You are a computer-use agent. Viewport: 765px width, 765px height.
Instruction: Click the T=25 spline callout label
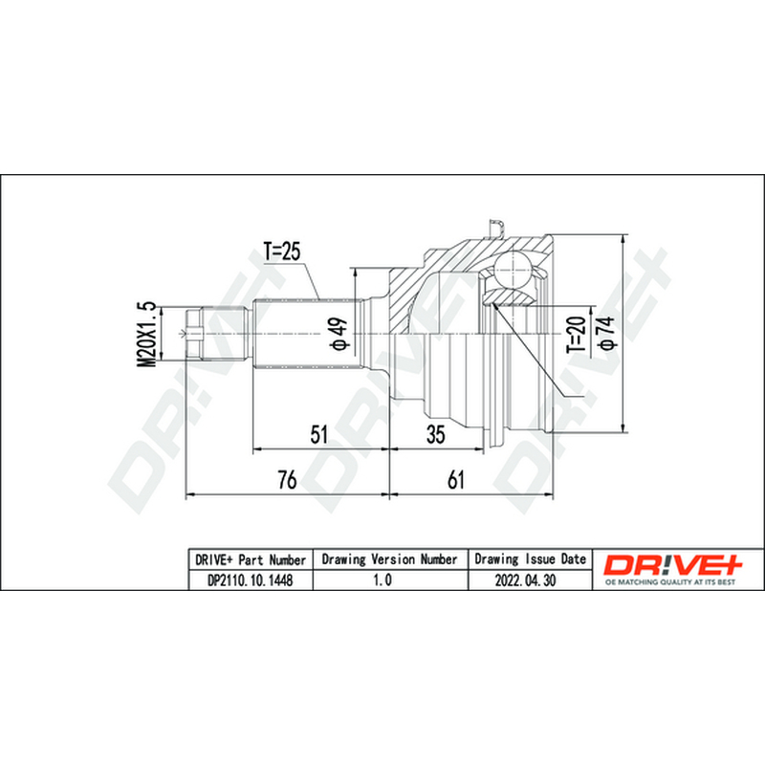[282, 251]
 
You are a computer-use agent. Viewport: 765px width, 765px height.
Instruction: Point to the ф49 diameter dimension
[339, 334]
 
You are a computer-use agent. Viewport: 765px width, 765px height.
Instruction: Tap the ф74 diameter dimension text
[607, 333]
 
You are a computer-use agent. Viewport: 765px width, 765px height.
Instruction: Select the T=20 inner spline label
[577, 335]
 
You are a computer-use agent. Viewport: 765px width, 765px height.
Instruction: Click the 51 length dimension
[319, 434]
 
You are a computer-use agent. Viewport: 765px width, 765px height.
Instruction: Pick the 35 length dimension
[436, 434]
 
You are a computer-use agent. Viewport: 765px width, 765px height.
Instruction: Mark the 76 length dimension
[287, 480]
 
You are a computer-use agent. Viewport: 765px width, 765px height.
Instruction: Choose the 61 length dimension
[456, 480]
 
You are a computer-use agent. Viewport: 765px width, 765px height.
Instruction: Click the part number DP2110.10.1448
[251, 580]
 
